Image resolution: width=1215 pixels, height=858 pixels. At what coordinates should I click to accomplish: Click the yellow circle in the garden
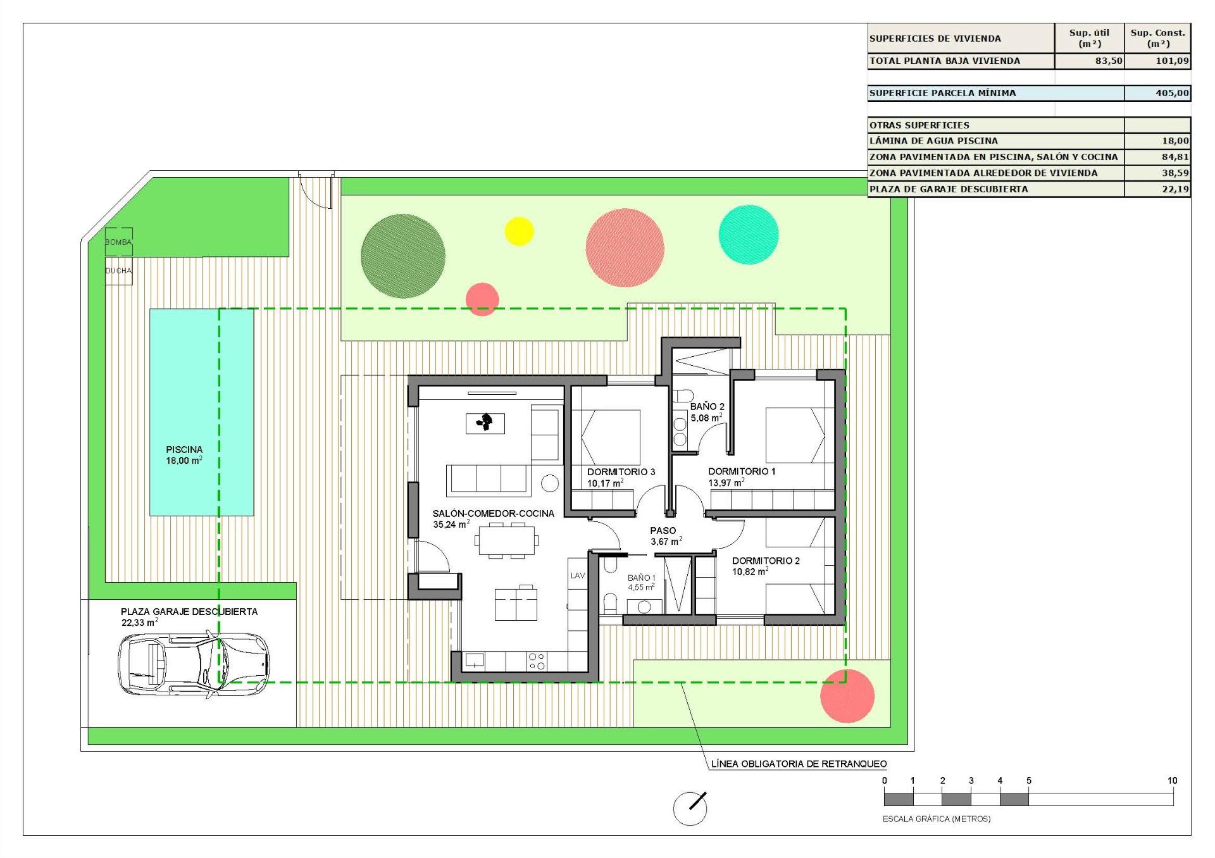click(x=519, y=231)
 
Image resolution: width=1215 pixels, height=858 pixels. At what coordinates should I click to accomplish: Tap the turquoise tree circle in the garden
click(x=749, y=234)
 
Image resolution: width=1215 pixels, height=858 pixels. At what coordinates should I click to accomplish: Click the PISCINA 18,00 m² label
click(x=184, y=455)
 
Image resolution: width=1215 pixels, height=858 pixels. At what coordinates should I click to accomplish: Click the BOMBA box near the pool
click(x=118, y=242)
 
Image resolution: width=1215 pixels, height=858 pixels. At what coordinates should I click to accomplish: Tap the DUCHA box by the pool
click(x=118, y=271)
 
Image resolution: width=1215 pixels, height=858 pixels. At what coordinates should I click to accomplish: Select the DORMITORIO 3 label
click(x=621, y=472)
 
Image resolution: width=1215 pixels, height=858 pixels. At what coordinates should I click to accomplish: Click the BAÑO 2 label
click(x=707, y=407)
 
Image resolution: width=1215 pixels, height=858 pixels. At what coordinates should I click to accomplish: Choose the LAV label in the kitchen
click(x=578, y=576)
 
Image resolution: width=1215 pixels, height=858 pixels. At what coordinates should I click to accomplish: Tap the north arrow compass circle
click(x=690, y=808)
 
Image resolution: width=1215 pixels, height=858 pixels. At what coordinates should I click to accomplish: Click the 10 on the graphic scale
click(x=1172, y=781)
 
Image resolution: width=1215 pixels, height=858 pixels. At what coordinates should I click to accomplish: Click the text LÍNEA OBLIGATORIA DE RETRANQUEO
click(x=799, y=764)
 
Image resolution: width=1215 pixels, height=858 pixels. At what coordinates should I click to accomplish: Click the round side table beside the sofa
click(x=550, y=483)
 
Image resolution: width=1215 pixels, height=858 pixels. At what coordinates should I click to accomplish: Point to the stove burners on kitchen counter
click(x=537, y=662)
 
